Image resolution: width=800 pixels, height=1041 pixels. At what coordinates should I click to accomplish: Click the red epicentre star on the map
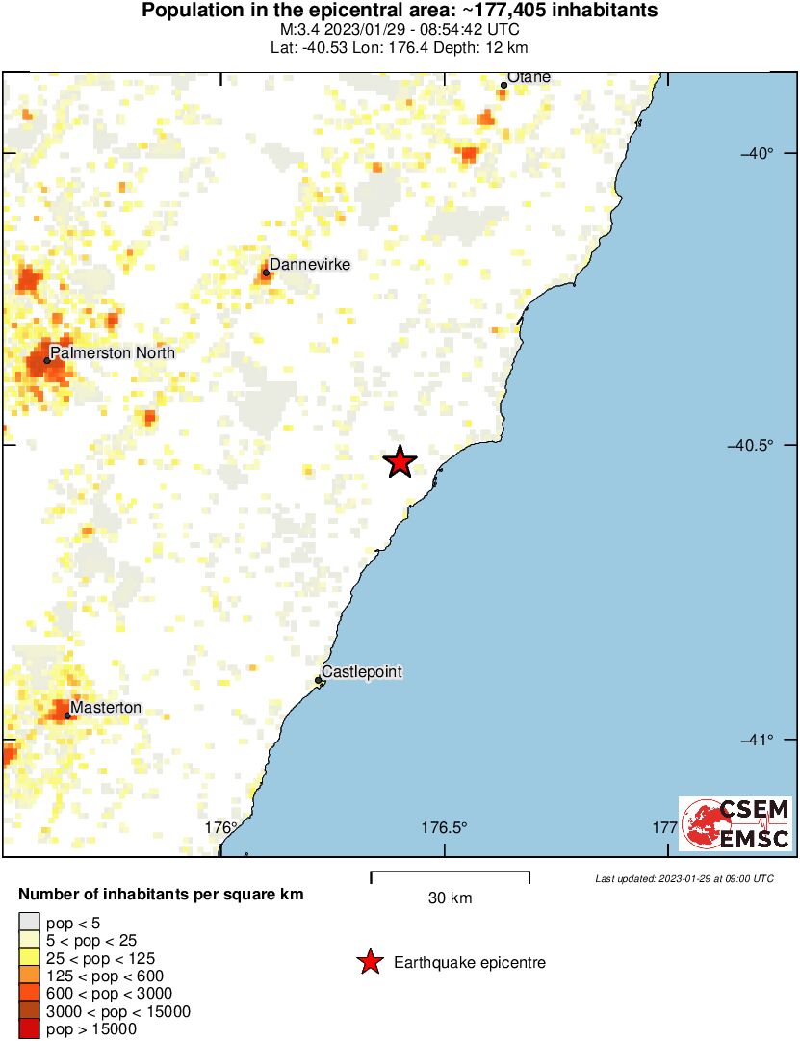click(x=400, y=462)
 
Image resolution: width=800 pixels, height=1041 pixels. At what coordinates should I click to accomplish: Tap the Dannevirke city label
click(x=309, y=264)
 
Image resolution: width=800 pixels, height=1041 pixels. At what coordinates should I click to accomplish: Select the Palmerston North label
click(x=113, y=352)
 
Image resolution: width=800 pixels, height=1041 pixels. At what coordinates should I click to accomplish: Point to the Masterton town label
click(x=106, y=708)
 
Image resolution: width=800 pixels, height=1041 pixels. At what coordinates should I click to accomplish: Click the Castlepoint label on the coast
click(x=361, y=671)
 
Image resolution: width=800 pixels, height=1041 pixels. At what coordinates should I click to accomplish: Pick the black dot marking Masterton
click(x=67, y=716)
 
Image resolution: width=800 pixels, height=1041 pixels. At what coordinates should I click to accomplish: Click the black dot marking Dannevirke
click(x=266, y=273)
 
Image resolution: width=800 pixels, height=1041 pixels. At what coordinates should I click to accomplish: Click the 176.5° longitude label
click(x=444, y=827)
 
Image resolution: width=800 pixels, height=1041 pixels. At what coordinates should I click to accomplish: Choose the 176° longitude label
click(x=221, y=827)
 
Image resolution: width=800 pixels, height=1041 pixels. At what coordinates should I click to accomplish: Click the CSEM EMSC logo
click(x=736, y=824)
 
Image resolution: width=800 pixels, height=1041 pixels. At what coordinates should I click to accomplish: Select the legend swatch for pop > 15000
click(x=30, y=1029)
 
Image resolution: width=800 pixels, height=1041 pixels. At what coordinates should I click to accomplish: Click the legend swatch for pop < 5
click(x=30, y=922)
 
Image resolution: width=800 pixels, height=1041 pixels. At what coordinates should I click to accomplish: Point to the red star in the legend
click(x=369, y=961)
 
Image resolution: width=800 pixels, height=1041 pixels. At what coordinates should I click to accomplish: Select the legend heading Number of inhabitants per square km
click(x=161, y=895)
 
